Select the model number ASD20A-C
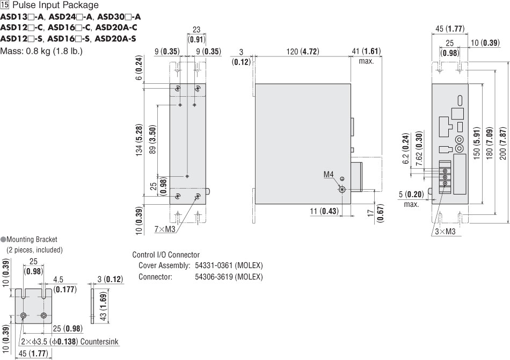click(115, 27)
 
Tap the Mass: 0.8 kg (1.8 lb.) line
click(41, 52)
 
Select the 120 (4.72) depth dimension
click(302, 52)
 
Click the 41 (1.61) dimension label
click(366, 52)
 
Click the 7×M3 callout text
click(165, 229)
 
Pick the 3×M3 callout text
click(445, 232)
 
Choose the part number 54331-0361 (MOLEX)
click(229, 265)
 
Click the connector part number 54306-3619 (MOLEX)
click(229, 277)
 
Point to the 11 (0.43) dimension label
click(325, 212)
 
